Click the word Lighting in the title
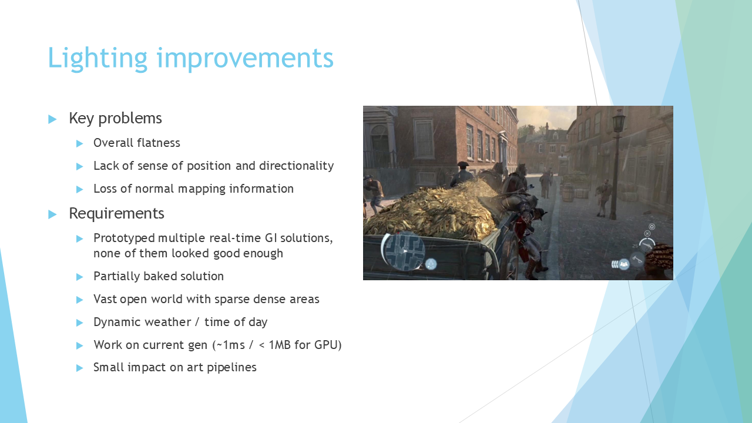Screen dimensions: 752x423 tap(98, 59)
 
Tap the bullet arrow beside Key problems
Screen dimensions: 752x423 tap(52, 119)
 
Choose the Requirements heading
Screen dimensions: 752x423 tap(116, 213)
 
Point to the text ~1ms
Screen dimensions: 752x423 tap(231, 345)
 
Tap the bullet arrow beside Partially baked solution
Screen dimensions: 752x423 tap(79, 277)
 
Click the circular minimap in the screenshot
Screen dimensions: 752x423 tap(404, 251)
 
